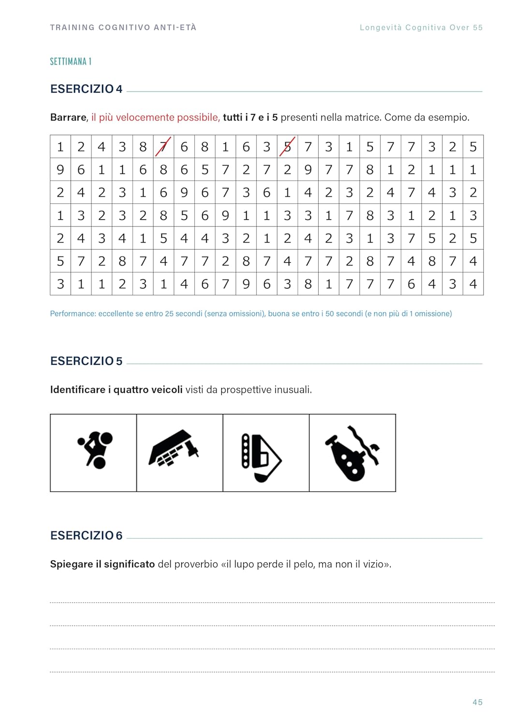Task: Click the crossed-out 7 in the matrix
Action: [163, 147]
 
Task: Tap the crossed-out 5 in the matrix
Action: [287, 147]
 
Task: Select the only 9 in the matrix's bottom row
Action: [246, 284]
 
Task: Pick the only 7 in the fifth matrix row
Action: [411, 238]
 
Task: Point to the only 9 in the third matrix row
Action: [184, 193]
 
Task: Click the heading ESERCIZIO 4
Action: [86, 89]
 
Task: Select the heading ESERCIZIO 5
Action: [86, 361]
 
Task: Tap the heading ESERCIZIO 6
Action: [86, 535]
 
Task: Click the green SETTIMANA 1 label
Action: [71, 61]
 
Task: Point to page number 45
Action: [477, 702]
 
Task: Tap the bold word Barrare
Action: [68, 118]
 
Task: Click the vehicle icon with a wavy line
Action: [353, 453]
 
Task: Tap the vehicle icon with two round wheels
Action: [95, 450]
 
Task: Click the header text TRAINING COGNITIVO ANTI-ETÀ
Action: [123, 28]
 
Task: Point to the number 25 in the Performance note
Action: [170, 314]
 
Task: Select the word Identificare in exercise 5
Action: [77, 390]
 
